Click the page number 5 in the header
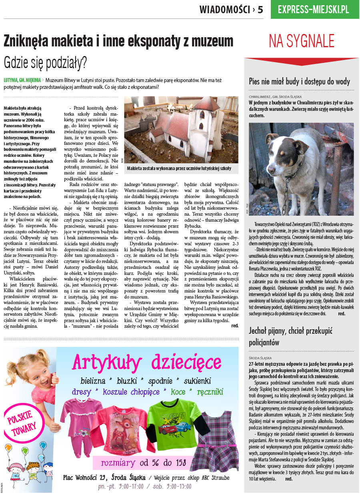(260, 9)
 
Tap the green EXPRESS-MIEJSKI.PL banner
(313, 9)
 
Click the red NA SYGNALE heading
(301, 41)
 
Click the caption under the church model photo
(179, 168)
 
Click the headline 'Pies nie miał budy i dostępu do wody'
(299, 82)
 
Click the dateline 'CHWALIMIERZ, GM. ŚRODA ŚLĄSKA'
(281, 97)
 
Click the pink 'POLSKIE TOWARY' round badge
(24, 426)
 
